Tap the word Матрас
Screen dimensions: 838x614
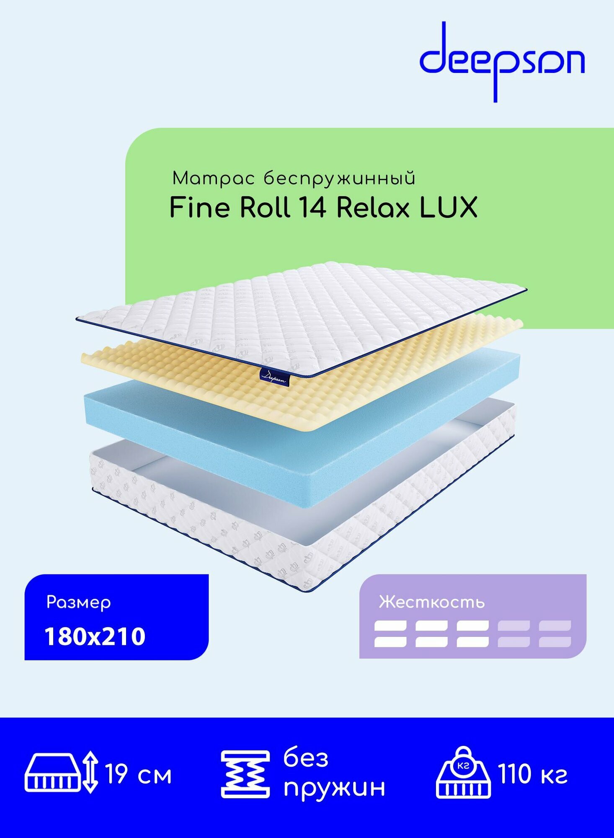pos(213,179)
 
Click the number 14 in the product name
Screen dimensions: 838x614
pos(312,207)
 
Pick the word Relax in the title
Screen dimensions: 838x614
pos(373,207)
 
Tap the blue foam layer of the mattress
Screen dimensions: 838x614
pos(293,453)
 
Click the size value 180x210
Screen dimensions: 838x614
pos(95,636)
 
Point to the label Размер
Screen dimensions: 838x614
pos(79,603)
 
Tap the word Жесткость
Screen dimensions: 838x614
pos(431,603)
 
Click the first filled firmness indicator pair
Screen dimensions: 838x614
pos(390,634)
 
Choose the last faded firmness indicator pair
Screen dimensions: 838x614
pos(555,634)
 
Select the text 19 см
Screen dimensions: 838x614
pos(138,774)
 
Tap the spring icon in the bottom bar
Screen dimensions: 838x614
pos(245,774)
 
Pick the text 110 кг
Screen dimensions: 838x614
pos(532,774)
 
